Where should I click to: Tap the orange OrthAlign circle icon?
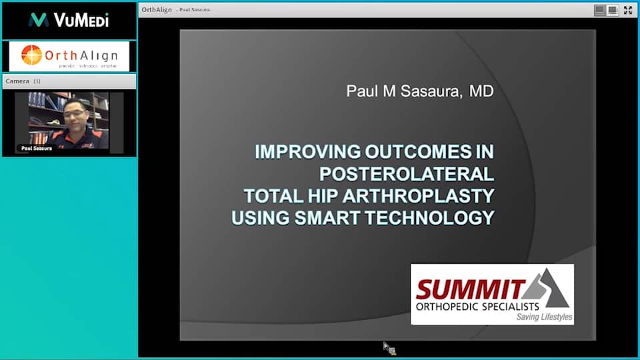(x=31, y=55)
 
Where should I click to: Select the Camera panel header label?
(x=17, y=81)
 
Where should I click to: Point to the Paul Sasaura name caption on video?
(x=37, y=148)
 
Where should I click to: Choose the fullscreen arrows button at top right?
(x=627, y=10)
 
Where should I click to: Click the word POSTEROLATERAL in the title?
(x=407, y=174)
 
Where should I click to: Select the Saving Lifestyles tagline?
(x=544, y=317)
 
